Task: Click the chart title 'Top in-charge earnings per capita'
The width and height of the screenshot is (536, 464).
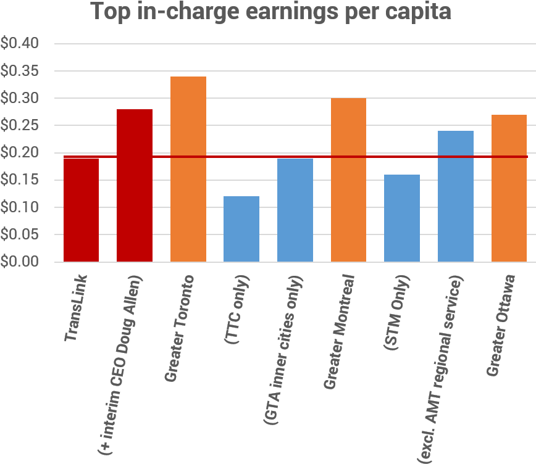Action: (271, 11)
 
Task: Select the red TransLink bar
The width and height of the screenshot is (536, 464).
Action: (81, 210)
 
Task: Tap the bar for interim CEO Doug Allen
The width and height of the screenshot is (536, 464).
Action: (135, 185)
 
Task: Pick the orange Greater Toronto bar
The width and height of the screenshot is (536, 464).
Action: (188, 169)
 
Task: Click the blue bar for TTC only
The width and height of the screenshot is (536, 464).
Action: (241, 229)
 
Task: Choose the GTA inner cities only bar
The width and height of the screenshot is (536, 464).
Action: (295, 210)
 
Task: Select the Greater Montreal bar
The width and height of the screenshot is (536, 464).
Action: (348, 180)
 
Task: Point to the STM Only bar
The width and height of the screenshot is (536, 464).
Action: (402, 218)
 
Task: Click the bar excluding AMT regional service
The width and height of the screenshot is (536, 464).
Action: (456, 196)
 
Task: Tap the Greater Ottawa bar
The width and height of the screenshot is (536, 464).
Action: (509, 188)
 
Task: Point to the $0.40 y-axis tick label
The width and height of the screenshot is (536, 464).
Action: (20, 44)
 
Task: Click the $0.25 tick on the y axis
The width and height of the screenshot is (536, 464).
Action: (20, 125)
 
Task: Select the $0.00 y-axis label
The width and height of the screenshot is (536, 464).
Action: (20, 262)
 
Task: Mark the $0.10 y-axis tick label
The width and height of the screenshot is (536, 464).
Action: (20, 207)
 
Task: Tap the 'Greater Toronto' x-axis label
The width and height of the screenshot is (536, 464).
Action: (179, 327)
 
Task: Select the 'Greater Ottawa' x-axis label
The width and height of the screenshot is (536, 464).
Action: (500, 325)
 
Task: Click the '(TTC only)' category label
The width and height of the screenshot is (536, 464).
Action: (237, 311)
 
